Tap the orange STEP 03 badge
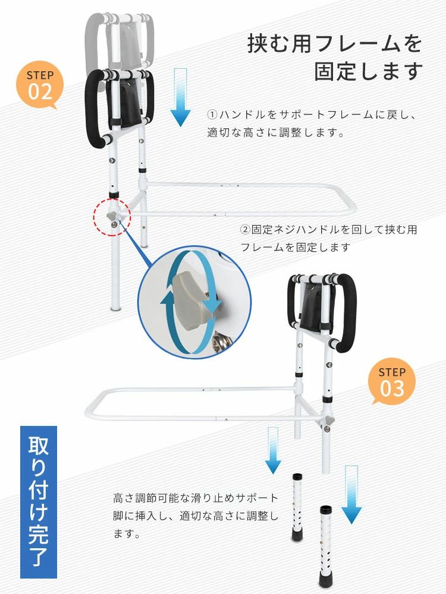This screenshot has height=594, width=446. pos(392,382)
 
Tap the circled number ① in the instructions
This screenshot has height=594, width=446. pos(212,115)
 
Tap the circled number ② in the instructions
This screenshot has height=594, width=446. pos(245,229)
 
